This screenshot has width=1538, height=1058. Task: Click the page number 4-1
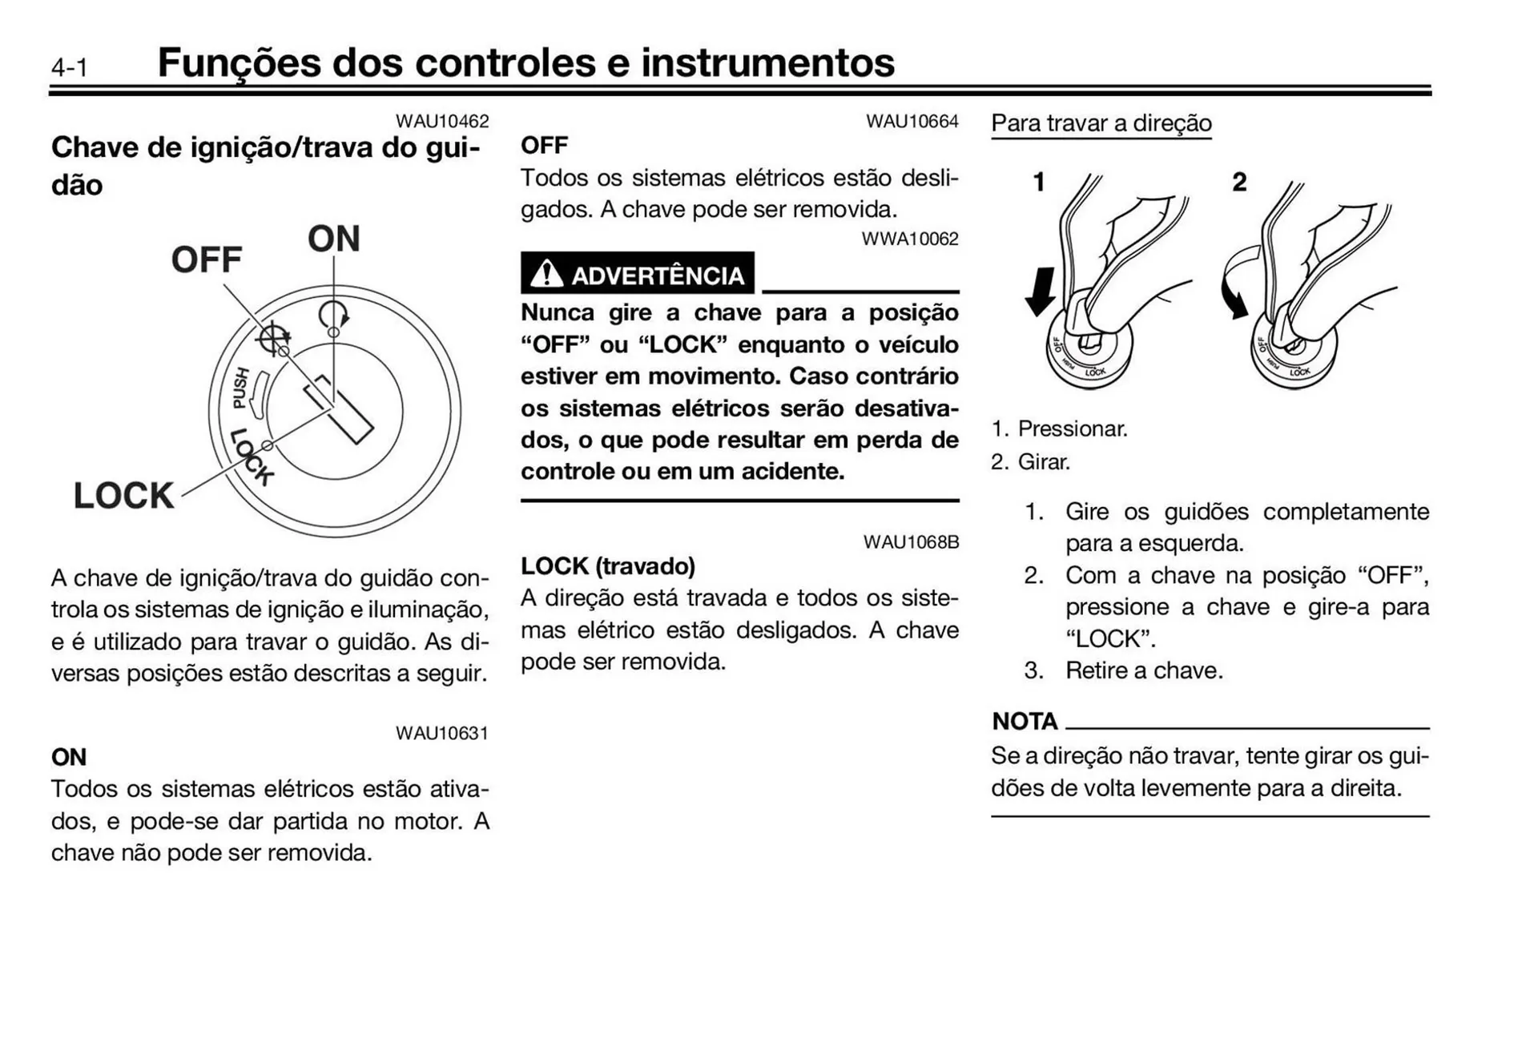[70, 67]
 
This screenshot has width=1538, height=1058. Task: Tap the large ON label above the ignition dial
[334, 239]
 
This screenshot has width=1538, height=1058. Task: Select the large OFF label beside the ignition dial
[206, 259]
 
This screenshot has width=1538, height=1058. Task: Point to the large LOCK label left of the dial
[123, 496]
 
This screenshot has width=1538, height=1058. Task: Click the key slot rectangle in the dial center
[339, 409]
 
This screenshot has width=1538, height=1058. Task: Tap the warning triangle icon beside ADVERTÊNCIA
[546, 274]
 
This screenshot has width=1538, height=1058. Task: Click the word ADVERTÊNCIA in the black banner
[658, 276]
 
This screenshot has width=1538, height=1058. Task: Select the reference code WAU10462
[441, 121]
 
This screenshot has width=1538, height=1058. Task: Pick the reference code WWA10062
[909, 239]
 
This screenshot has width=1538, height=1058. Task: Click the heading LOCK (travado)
[608, 566]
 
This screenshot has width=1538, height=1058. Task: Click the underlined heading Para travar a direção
[1101, 123]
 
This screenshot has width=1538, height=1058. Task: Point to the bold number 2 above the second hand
[1239, 182]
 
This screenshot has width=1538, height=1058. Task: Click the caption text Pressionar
[1072, 428]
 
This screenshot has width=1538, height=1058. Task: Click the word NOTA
[1025, 721]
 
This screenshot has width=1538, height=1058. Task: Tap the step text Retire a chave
[1143, 670]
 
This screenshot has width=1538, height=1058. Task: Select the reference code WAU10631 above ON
[441, 733]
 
